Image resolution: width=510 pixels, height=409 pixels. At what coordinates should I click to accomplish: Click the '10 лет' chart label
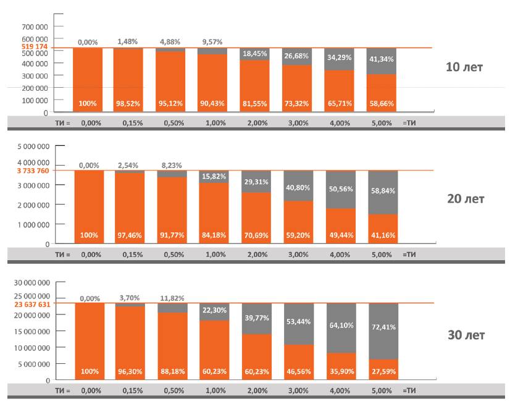[x=464, y=67]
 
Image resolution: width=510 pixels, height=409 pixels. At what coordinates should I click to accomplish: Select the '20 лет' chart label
[x=466, y=199]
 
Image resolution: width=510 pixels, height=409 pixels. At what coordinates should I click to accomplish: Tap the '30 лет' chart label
[x=466, y=335]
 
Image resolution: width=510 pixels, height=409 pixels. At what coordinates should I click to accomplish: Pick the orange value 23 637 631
[x=31, y=303]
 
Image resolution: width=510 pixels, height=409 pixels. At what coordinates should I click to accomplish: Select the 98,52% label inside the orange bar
[x=128, y=103]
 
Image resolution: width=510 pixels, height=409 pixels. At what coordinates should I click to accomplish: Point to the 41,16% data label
[x=383, y=235]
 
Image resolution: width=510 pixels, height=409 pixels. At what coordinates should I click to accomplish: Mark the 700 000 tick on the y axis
[x=36, y=27]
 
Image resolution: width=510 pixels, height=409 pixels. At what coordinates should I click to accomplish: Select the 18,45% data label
[x=254, y=54]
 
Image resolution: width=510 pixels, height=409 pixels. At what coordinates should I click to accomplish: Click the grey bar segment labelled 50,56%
[x=341, y=188]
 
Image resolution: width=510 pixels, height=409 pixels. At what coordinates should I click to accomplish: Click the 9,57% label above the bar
[x=212, y=42]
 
